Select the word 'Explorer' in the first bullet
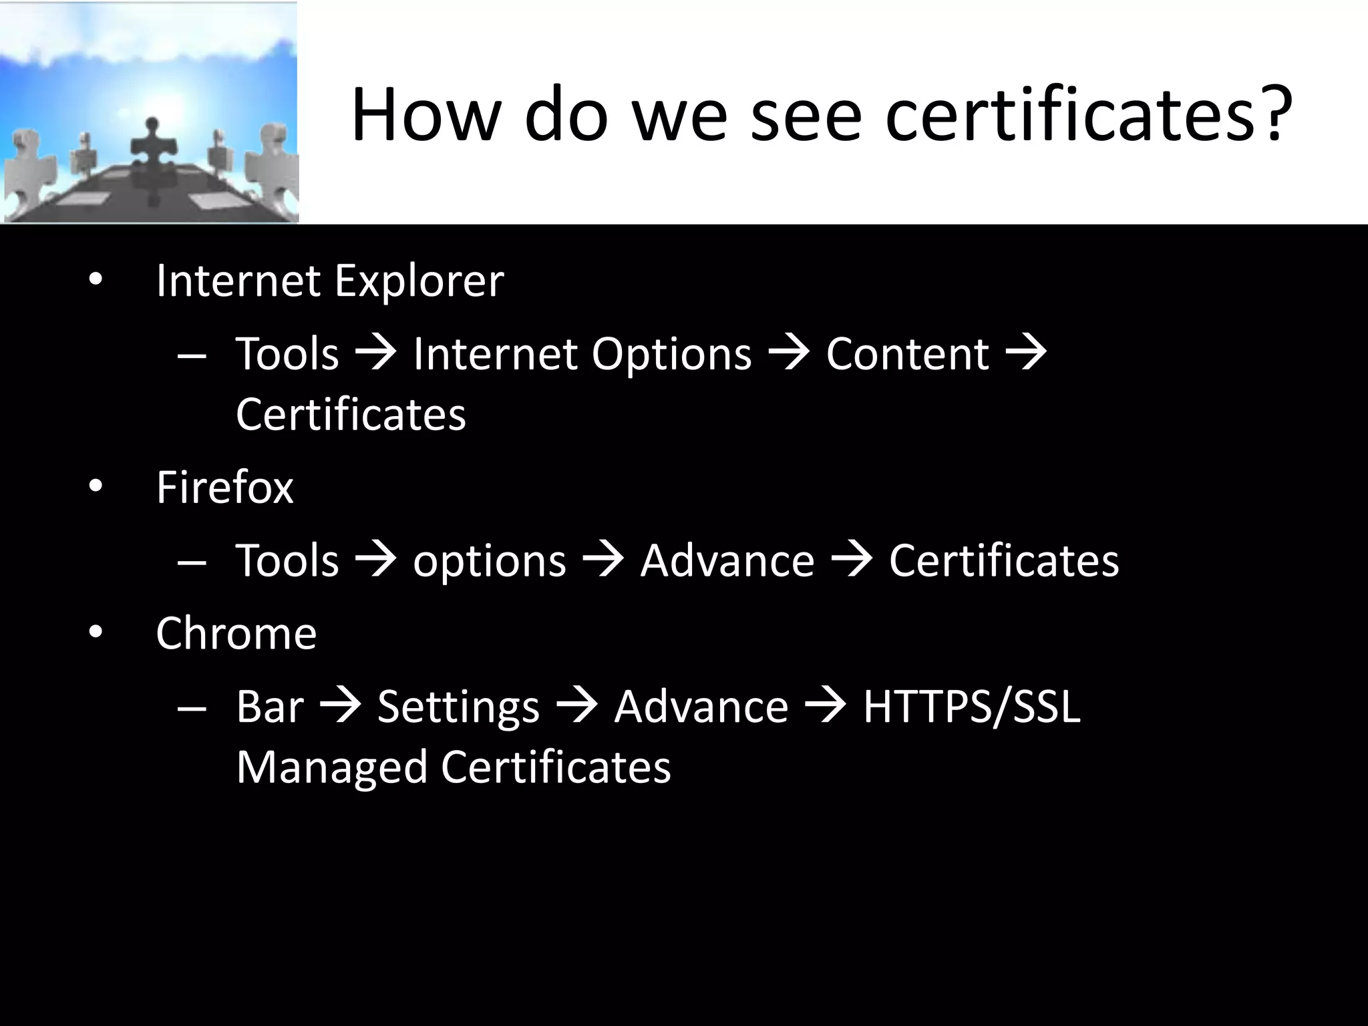[x=419, y=281]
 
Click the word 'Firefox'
[x=224, y=487]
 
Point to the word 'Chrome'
[x=236, y=633]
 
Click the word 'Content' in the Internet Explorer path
[x=907, y=353]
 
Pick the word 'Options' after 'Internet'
[x=671, y=355]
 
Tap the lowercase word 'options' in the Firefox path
[x=489, y=561]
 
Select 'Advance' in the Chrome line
[x=701, y=706]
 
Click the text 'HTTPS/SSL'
[x=971, y=706]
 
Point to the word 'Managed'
[x=331, y=767]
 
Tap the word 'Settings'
[x=458, y=707]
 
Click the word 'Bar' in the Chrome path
[x=269, y=706]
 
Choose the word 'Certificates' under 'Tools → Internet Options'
[x=351, y=415]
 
